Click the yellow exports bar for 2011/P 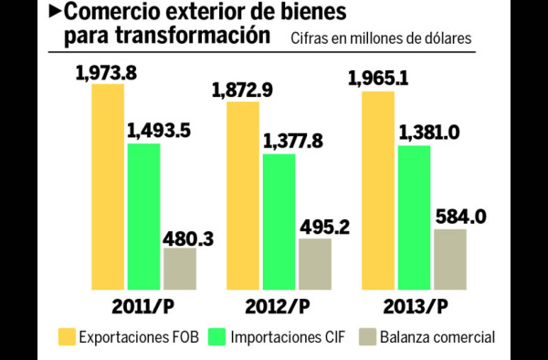pos(107,187)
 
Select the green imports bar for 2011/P pos(143,216)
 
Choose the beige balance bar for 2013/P pos(450,259)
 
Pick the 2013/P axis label pos(415,303)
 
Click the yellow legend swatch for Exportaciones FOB pos(68,336)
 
